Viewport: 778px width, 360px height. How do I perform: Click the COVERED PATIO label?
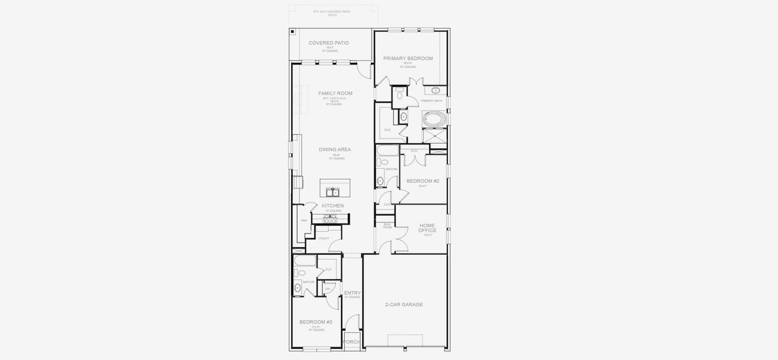(328, 43)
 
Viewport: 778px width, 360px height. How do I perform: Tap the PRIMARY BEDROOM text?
(408, 58)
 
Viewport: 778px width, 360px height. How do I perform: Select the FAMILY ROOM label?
(335, 94)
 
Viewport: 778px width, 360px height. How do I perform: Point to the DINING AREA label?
(335, 149)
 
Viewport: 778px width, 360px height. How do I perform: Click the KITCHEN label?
(333, 206)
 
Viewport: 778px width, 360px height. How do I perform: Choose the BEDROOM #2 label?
(423, 181)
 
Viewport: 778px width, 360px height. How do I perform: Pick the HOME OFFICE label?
(427, 228)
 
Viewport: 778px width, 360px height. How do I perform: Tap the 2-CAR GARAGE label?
(404, 305)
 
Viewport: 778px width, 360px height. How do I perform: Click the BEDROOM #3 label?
(316, 322)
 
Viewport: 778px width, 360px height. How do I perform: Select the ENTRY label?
(352, 293)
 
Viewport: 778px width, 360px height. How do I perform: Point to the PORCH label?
(351, 342)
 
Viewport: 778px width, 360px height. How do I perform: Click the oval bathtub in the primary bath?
(434, 119)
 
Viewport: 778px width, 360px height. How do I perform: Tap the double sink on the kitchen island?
(331, 192)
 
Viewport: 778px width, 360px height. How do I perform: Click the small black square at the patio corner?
(292, 31)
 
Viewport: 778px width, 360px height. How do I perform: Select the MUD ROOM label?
(387, 226)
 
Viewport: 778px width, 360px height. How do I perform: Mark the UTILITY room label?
(324, 238)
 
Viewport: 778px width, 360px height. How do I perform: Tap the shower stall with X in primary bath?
(434, 136)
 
